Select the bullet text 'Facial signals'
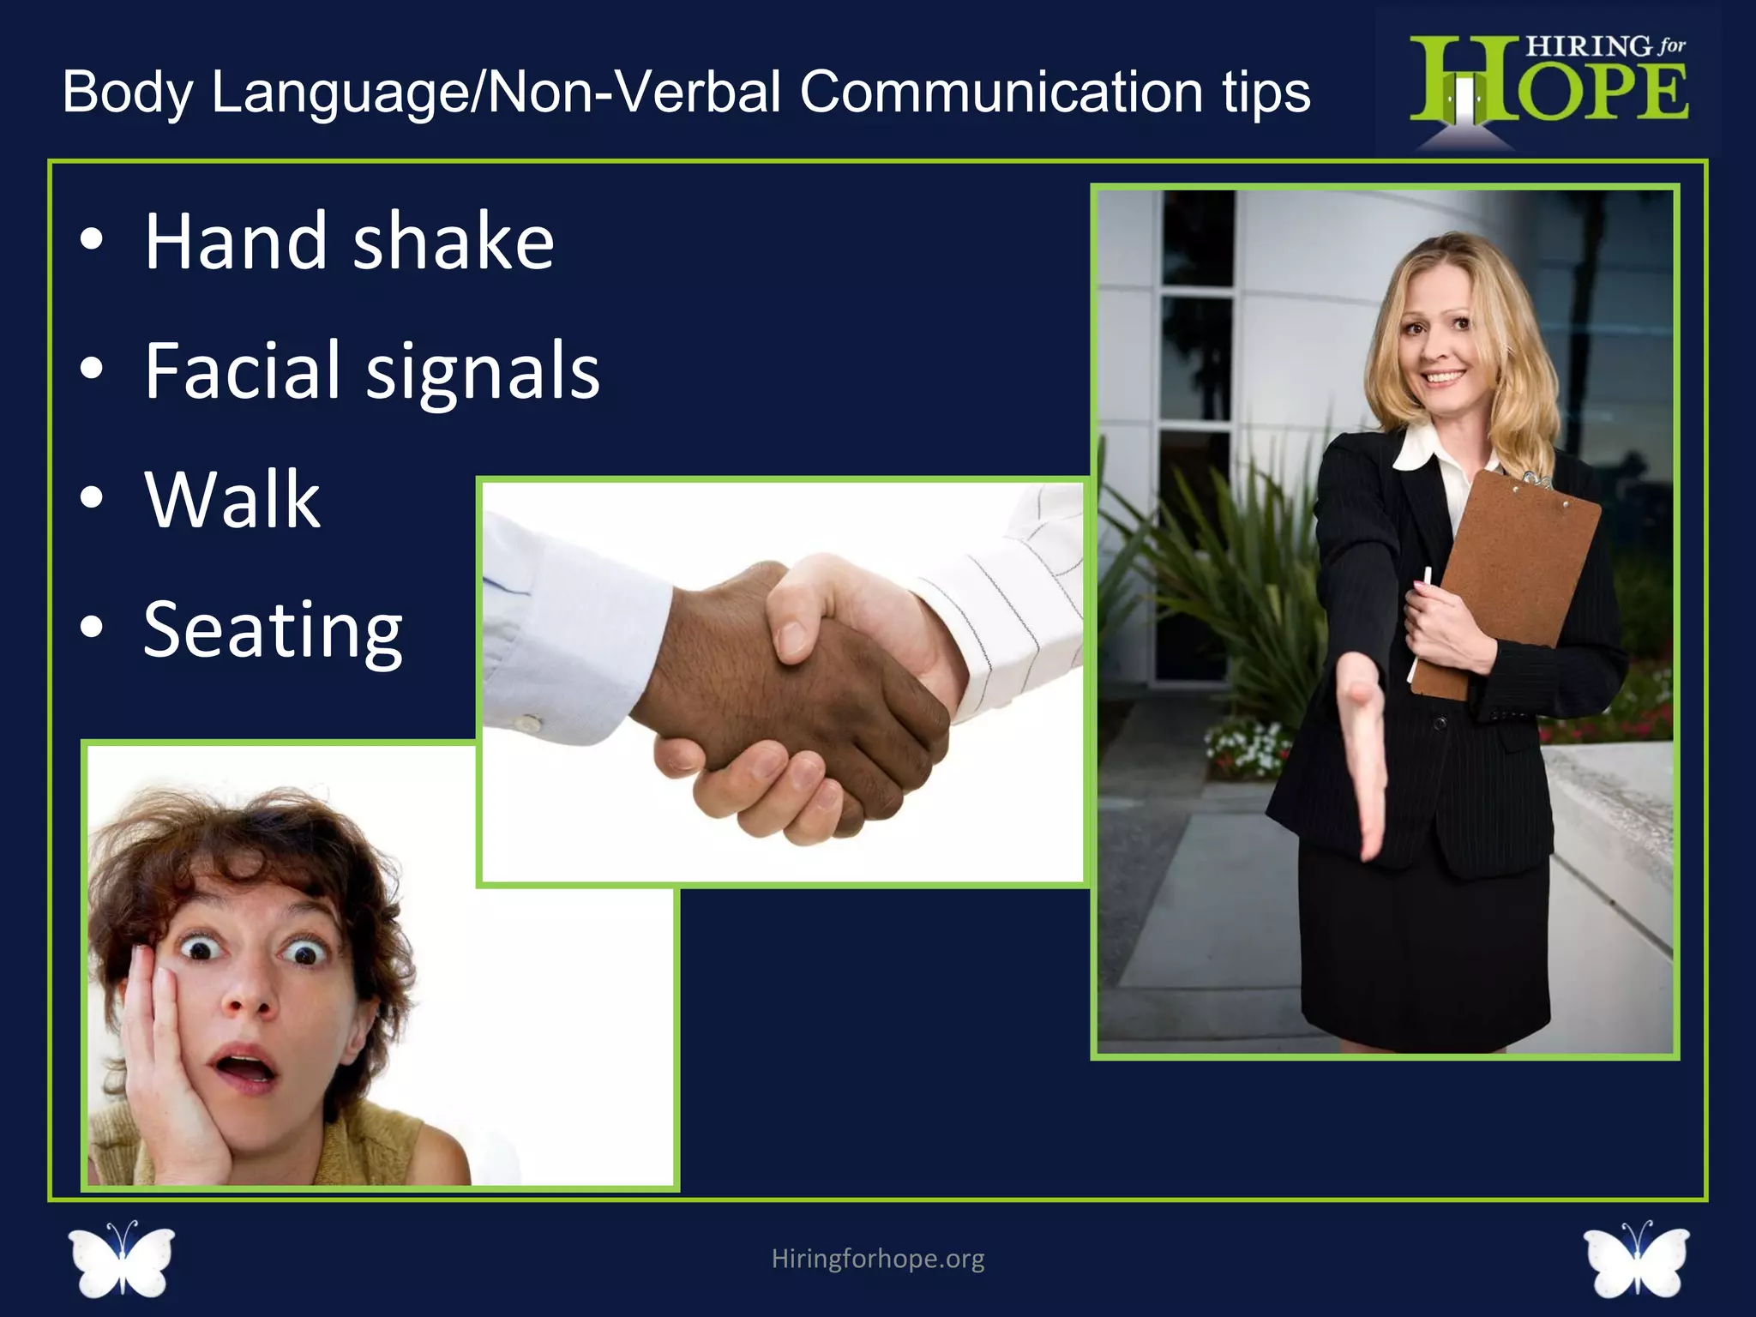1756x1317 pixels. [x=372, y=370]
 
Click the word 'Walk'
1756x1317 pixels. [x=232, y=500]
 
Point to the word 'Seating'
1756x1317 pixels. [x=273, y=630]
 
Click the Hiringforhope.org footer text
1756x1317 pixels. [x=878, y=1259]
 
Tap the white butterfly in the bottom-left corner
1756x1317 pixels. [x=122, y=1259]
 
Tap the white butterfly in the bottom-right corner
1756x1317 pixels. [x=1636, y=1259]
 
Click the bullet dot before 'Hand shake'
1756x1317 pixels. [x=92, y=242]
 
